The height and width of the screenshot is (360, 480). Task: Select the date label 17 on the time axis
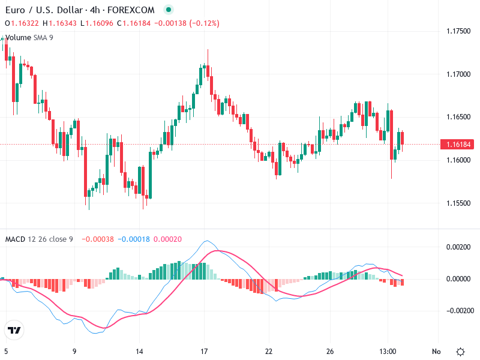204,352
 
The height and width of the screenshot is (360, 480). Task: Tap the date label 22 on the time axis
269,352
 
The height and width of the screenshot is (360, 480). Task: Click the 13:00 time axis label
388,352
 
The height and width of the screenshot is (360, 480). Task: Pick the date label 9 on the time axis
74,352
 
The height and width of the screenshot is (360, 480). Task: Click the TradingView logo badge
14,330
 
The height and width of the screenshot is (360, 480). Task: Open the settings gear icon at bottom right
460,352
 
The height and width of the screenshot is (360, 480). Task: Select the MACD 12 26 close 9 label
39,239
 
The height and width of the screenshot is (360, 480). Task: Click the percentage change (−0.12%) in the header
204,23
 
